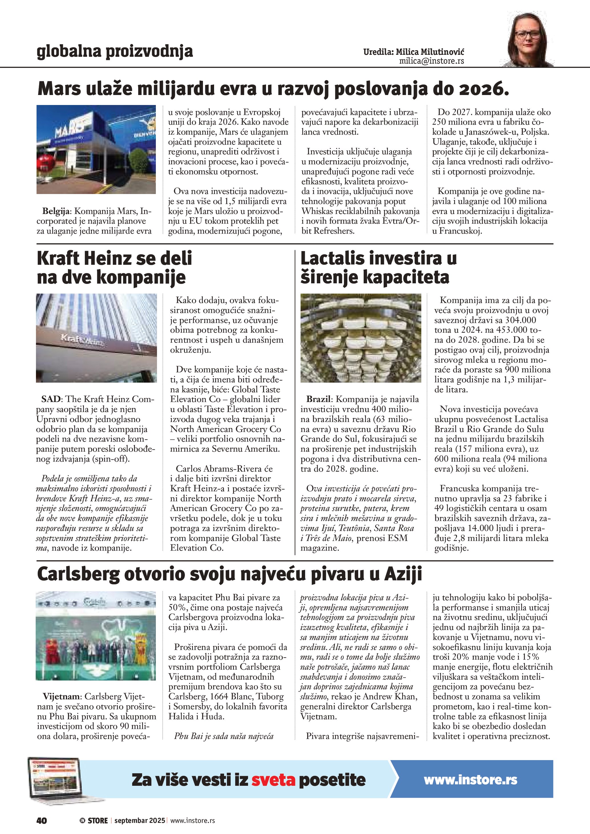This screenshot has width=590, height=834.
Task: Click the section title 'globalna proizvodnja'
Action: click(x=114, y=51)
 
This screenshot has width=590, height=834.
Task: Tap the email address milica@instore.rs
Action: click(x=431, y=61)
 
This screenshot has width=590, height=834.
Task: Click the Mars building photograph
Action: click(x=96, y=149)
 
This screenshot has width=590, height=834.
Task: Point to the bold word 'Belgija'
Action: click(x=57, y=211)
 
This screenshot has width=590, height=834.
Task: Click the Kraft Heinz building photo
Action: click(x=96, y=338)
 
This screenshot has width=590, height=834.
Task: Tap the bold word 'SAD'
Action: click(x=51, y=399)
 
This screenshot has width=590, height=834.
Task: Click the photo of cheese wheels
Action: click(x=361, y=338)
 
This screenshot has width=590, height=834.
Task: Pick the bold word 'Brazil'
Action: click(x=318, y=399)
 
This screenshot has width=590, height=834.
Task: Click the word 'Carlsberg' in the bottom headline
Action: click(x=78, y=574)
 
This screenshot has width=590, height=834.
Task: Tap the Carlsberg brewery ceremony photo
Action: click(x=96, y=636)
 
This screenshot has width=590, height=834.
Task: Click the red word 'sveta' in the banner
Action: click(x=273, y=780)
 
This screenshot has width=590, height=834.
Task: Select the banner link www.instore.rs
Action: click(x=470, y=780)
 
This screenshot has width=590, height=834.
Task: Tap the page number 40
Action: click(x=41, y=821)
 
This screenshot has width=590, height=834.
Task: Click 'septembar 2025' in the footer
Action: click(x=140, y=821)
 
